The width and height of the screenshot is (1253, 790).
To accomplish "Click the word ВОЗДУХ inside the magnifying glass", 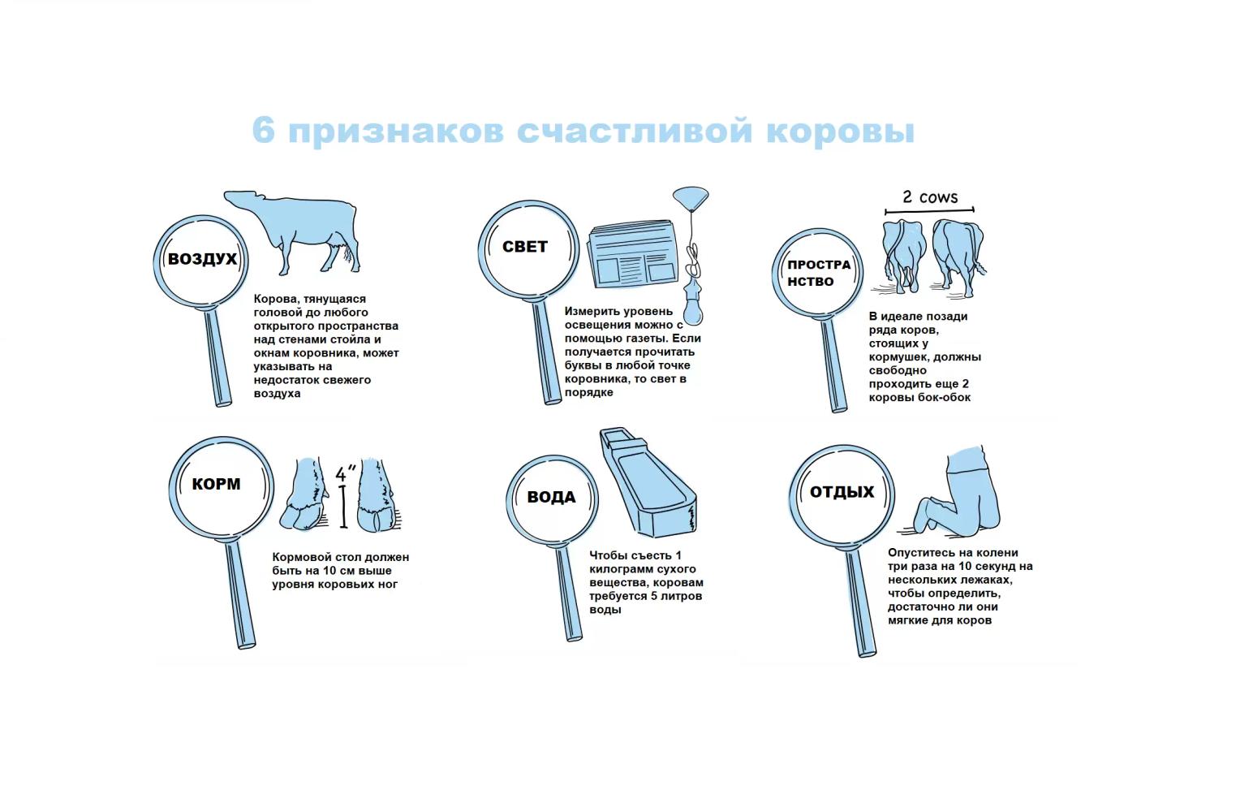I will point(202,259).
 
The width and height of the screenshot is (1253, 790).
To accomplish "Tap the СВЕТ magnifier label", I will point(524,247).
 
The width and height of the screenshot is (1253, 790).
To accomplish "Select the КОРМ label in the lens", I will point(216,484).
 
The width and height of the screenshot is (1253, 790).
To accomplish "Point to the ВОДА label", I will point(551,497).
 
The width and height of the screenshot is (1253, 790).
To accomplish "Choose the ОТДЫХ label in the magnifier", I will point(842,492).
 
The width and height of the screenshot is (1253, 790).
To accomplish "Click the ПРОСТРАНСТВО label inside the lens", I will point(818,273).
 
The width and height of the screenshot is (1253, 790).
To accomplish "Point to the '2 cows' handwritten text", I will point(930,197).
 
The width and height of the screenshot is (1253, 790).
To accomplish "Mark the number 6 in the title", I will point(263,131).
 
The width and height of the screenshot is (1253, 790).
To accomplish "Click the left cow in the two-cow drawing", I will point(903,252).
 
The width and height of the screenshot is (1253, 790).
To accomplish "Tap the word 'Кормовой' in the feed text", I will point(299,557).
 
